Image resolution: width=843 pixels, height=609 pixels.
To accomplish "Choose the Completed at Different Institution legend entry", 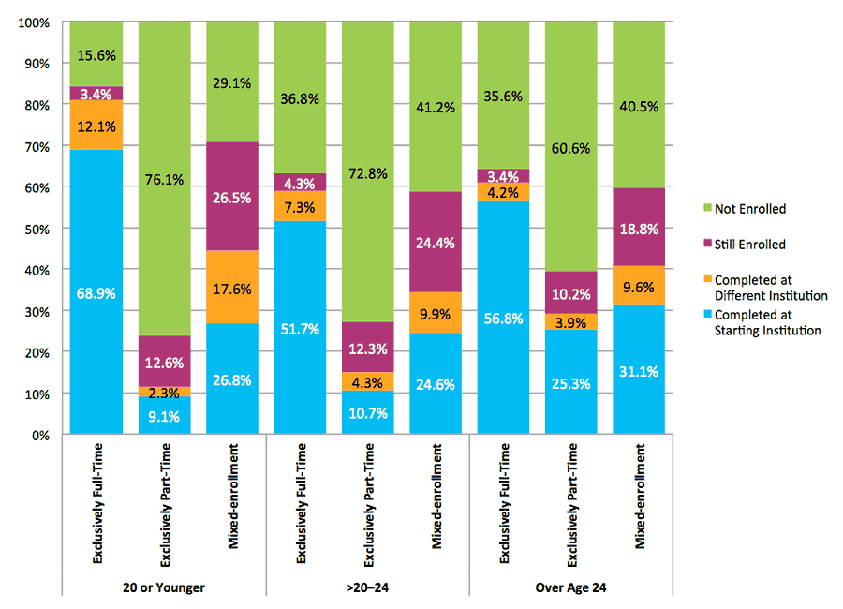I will tap(763, 288).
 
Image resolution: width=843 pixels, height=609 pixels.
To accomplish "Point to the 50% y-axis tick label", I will tap(38, 229).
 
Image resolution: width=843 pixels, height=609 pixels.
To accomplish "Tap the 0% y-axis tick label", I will tap(42, 435).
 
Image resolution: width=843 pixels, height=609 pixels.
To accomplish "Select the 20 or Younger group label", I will tap(164, 587).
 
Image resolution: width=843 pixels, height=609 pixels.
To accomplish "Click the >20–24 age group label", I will tap(367, 587).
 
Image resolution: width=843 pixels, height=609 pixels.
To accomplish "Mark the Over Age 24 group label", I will tap(571, 587).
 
